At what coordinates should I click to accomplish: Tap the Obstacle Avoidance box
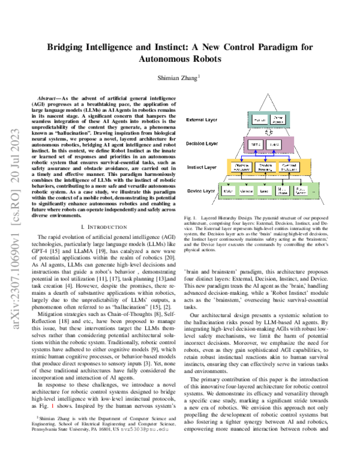243,167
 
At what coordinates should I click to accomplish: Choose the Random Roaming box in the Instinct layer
268,167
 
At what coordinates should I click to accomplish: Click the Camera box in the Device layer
247,190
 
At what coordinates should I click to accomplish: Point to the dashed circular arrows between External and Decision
269,132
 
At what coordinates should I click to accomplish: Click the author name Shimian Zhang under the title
178,78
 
